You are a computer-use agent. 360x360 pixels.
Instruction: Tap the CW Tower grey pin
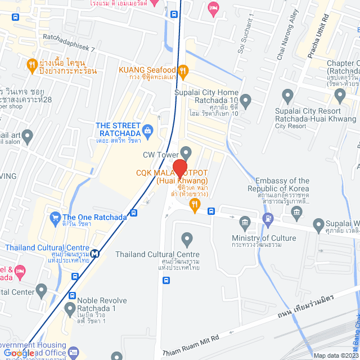186,152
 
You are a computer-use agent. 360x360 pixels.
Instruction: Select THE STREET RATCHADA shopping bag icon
148,130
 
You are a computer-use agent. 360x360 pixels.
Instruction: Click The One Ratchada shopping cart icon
55,217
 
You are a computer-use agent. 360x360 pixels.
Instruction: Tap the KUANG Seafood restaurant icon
183,71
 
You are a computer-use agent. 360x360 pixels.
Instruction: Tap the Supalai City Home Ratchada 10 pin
245,99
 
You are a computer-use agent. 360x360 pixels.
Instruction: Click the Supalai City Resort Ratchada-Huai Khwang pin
288,95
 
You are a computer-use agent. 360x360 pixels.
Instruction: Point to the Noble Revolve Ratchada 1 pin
70,308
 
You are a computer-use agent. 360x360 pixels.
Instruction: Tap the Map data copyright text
336,355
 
